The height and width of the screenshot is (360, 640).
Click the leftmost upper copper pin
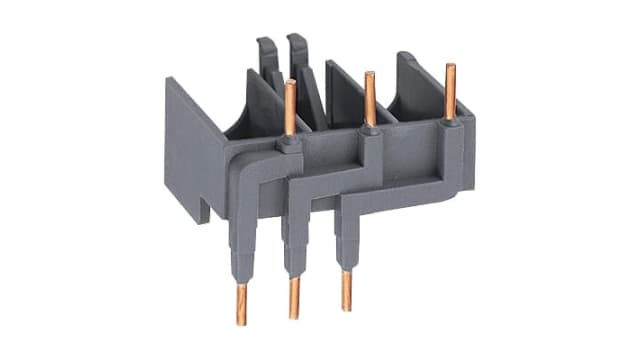click(x=290, y=108)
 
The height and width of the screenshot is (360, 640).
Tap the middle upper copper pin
click(x=370, y=98)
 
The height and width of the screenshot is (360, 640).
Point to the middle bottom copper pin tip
click(x=295, y=299)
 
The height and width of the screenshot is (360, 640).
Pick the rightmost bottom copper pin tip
click(x=347, y=290)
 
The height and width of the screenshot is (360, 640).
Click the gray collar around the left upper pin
click(x=289, y=146)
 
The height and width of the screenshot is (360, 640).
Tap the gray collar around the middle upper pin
click(x=370, y=132)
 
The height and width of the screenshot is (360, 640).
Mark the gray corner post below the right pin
click(x=452, y=160)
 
